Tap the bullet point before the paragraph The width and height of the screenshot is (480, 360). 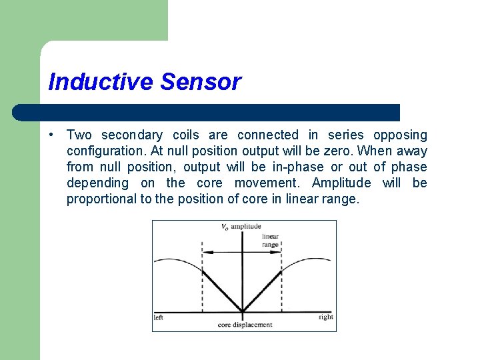click(52, 135)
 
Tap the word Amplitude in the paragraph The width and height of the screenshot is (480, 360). click(341, 183)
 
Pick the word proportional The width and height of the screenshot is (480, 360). click(100, 199)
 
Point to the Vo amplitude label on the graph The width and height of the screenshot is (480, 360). click(241, 227)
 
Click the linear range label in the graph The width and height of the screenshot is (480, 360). click(270, 240)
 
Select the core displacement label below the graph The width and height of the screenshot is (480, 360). click(245, 325)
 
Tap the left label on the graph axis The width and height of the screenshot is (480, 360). click(159, 318)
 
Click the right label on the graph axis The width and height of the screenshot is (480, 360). click(325, 317)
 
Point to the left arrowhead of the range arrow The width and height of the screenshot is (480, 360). click(205, 252)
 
